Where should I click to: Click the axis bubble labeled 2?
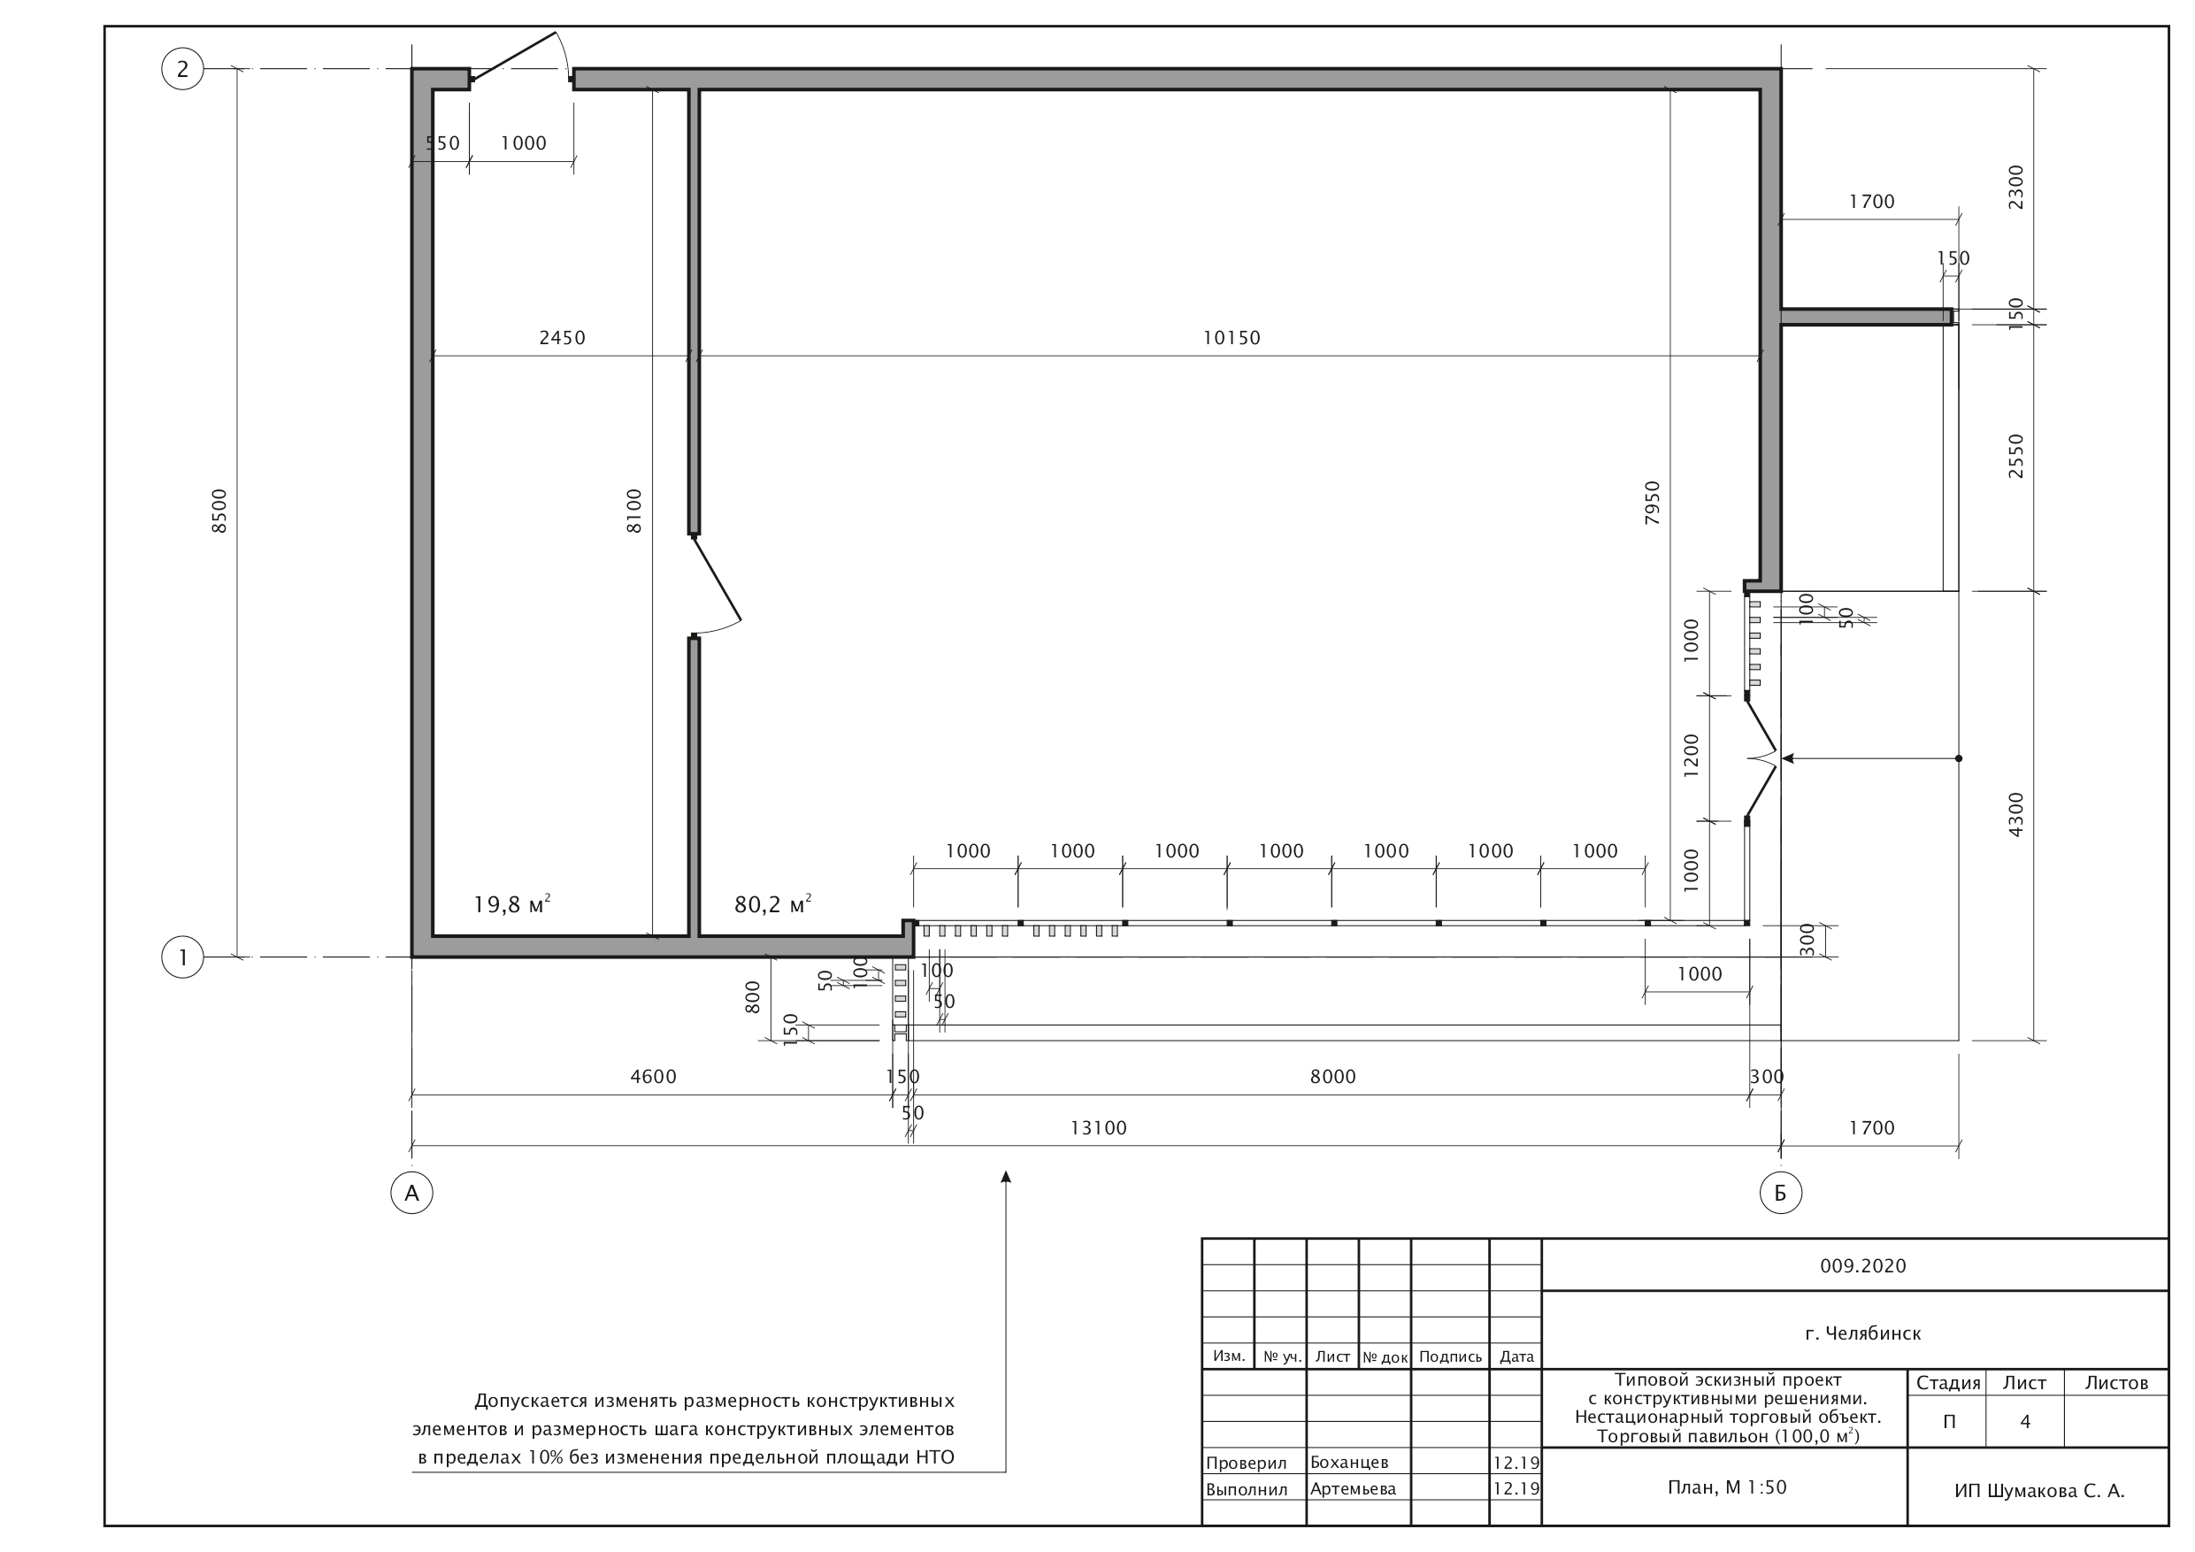pos(182,69)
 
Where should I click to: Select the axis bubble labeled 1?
pos(182,957)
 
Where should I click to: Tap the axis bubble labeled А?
pos(412,1193)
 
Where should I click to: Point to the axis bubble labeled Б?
pos(1780,1193)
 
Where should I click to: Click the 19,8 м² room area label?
pos(512,903)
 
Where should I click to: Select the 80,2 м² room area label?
pos(773,903)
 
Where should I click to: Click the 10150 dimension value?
pos(1232,337)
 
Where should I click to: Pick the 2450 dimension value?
pos(562,337)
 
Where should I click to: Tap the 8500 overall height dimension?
pos(220,511)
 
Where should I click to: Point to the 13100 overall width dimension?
pos(1099,1128)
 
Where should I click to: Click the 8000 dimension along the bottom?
pos(1332,1077)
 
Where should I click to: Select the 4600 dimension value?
pos(653,1077)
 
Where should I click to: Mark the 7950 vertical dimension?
pos(1653,503)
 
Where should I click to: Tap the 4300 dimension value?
pos(2016,815)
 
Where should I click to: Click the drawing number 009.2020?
pos(1863,1266)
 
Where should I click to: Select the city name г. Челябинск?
pos(1863,1333)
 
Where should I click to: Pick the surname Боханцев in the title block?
pos(1349,1462)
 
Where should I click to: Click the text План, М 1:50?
pos(1728,1487)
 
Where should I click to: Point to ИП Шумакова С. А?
pos(2039,1491)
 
